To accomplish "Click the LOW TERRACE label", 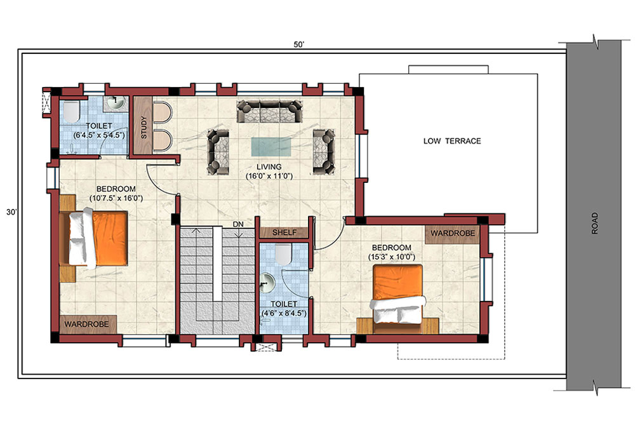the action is [x=452, y=141].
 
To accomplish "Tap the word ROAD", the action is [x=594, y=223].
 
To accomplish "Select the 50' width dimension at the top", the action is [x=299, y=44].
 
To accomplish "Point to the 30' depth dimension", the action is [x=11, y=212].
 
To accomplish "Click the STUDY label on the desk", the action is [x=144, y=128].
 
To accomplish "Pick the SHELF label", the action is [x=284, y=232].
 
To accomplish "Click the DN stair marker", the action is [x=238, y=224].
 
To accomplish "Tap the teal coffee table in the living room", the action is [x=271, y=147].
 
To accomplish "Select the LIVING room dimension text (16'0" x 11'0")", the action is [x=269, y=176].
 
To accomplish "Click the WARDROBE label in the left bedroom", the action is [x=86, y=325].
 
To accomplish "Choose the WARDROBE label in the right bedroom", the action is [x=453, y=233].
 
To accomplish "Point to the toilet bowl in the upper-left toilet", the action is [x=71, y=112].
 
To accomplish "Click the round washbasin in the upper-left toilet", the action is [x=116, y=102].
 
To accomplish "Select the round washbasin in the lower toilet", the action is [x=267, y=282].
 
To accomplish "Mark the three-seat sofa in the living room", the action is [x=269, y=111].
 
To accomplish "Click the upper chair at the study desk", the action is [x=162, y=112].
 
